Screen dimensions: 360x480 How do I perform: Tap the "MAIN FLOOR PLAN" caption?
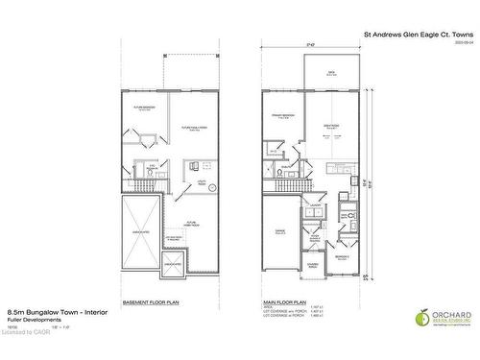[x=285, y=301]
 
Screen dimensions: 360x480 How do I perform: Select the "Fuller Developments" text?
[x=29, y=322]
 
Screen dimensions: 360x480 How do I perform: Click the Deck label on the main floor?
[x=330, y=71]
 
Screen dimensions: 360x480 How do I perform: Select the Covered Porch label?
[x=314, y=266]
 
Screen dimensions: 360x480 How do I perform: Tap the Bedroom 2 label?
[x=342, y=256]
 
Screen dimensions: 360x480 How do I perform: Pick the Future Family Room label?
[x=189, y=129]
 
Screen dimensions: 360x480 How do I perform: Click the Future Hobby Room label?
[x=192, y=223]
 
